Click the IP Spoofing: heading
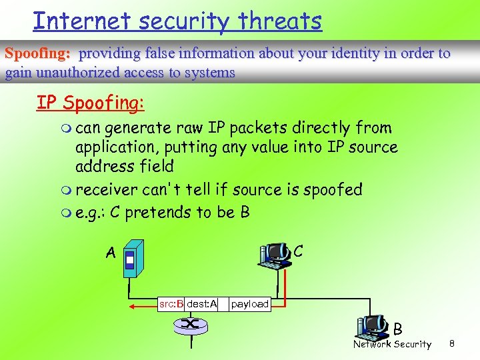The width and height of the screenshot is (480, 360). pyautogui.click(x=90, y=103)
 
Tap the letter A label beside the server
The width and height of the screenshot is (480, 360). pyautogui.click(x=111, y=253)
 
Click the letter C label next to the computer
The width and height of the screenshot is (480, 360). pyautogui.click(x=299, y=251)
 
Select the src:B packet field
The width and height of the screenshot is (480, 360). pyautogui.click(x=171, y=304)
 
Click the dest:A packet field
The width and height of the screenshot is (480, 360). pyautogui.click(x=201, y=304)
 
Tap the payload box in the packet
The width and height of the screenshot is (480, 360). pyautogui.click(x=249, y=304)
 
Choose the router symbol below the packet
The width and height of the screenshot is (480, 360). pyautogui.click(x=190, y=325)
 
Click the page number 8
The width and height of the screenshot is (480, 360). pyautogui.click(x=451, y=344)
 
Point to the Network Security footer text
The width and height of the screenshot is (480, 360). pyautogui.click(x=392, y=345)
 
